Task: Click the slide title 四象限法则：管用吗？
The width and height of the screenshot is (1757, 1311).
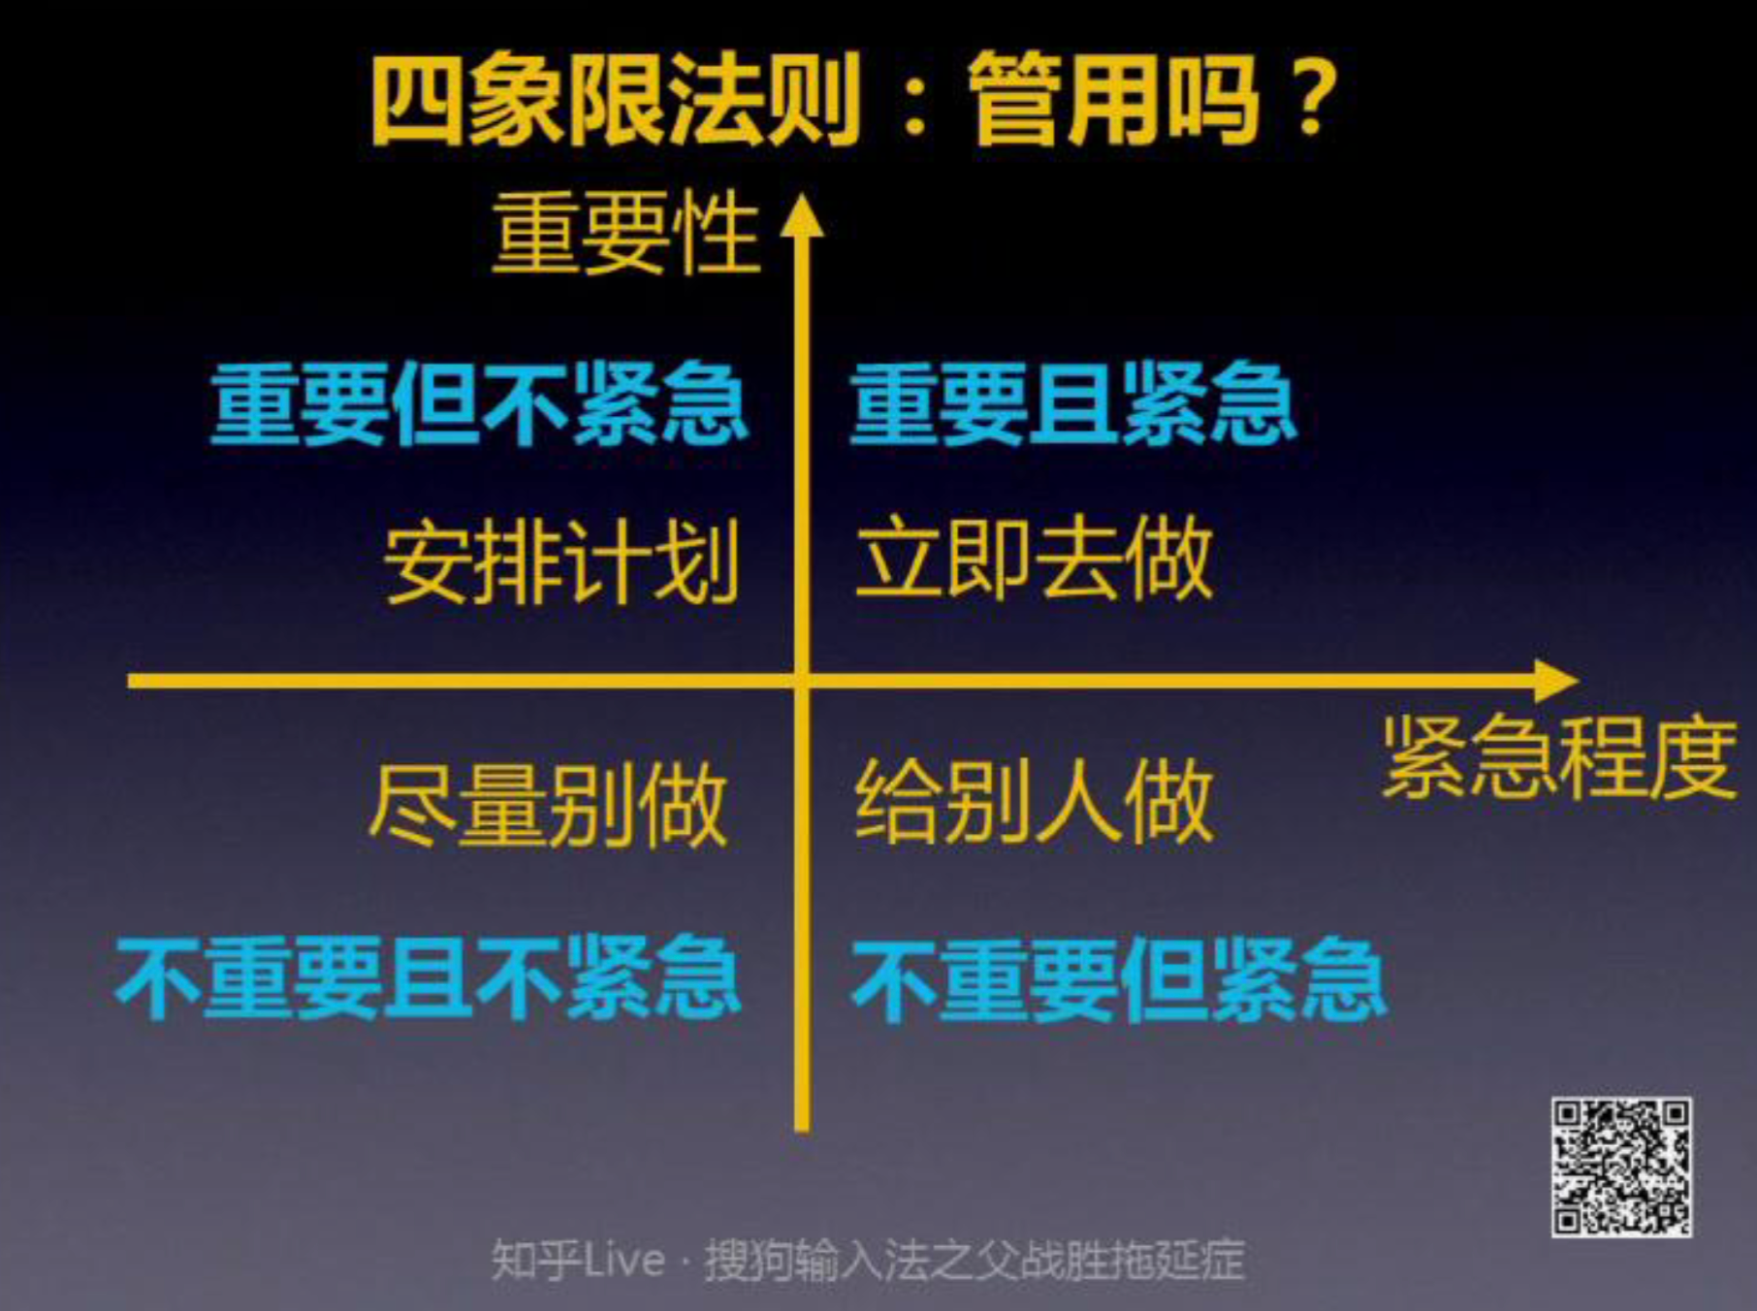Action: (x=853, y=100)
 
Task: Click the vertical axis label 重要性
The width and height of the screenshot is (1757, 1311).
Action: (x=624, y=233)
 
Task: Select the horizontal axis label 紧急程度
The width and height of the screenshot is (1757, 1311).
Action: (x=1558, y=756)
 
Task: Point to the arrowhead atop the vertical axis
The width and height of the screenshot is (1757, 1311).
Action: (x=802, y=215)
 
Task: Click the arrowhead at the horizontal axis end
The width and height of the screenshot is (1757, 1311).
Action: (x=1555, y=681)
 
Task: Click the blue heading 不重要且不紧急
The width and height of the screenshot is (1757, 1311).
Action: (x=428, y=977)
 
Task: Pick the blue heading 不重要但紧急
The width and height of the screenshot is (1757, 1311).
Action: (x=1118, y=979)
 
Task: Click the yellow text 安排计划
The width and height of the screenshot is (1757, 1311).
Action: (x=561, y=562)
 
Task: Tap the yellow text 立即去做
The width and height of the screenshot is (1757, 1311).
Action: (x=1034, y=560)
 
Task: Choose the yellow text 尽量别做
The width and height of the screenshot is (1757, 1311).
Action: (x=548, y=805)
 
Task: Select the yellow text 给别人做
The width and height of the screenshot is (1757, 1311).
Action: (x=1034, y=803)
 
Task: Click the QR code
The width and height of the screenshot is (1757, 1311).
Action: (x=1621, y=1167)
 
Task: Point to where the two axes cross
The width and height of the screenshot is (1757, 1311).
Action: (x=802, y=681)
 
